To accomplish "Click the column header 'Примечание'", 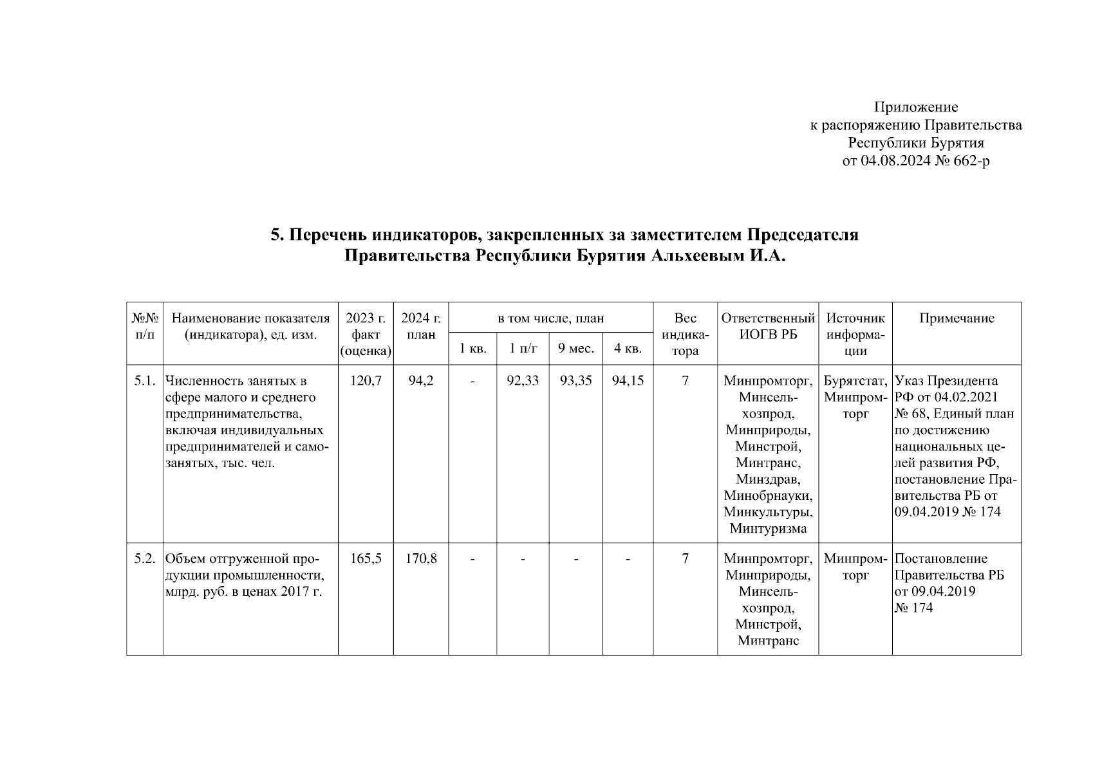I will pyautogui.click(x=957, y=318).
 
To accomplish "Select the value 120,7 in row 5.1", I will pyautogui.click(x=366, y=381).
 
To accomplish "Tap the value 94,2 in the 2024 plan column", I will pyautogui.click(x=421, y=381).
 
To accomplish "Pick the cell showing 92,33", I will pyautogui.click(x=523, y=381).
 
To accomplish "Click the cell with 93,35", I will pyautogui.click(x=576, y=381).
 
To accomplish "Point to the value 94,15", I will pyautogui.click(x=628, y=381).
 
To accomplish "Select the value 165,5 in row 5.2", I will pyautogui.click(x=366, y=559).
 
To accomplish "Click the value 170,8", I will pyautogui.click(x=421, y=559).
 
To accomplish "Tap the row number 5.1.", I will pyautogui.click(x=145, y=381).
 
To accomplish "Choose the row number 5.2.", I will pyautogui.click(x=145, y=559).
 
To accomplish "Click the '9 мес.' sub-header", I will pyautogui.click(x=576, y=349).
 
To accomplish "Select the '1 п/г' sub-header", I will pyautogui.click(x=523, y=349).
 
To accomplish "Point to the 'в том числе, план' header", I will pyautogui.click(x=551, y=318).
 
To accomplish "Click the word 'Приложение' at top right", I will pyautogui.click(x=916, y=107).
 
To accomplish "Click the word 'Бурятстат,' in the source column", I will pyautogui.click(x=855, y=381).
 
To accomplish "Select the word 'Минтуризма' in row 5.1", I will pyautogui.click(x=768, y=529).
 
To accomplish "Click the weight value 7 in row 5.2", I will pyautogui.click(x=686, y=559).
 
